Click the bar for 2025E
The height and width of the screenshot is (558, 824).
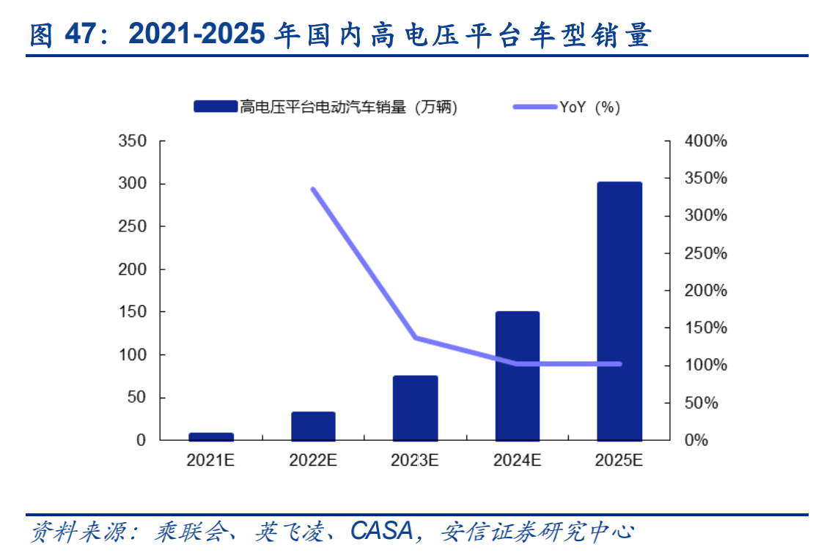coord(619,311)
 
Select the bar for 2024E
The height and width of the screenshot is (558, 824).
coord(518,376)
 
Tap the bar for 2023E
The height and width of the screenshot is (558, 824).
coord(415,408)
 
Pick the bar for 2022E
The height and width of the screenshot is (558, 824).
coord(313,426)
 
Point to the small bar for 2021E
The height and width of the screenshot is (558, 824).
coord(211,436)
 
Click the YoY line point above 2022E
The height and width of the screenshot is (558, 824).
coord(313,190)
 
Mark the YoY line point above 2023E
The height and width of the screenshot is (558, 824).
coord(416,338)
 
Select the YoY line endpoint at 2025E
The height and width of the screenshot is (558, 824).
coord(619,364)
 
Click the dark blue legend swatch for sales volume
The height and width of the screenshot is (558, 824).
coord(216,108)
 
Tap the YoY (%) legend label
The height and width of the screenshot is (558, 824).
coord(589,108)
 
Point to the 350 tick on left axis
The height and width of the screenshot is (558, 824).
coord(133,141)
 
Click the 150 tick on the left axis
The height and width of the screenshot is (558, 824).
coord(133,312)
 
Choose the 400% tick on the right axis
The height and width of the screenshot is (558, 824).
coord(705,141)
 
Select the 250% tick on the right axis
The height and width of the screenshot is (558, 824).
coord(705,253)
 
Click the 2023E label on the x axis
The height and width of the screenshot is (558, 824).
coord(415,461)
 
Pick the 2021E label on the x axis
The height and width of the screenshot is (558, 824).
coord(211,461)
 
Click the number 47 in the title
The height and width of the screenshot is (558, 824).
coord(80,34)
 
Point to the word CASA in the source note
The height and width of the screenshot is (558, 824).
coord(382,531)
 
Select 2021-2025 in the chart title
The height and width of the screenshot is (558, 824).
coord(196,34)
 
